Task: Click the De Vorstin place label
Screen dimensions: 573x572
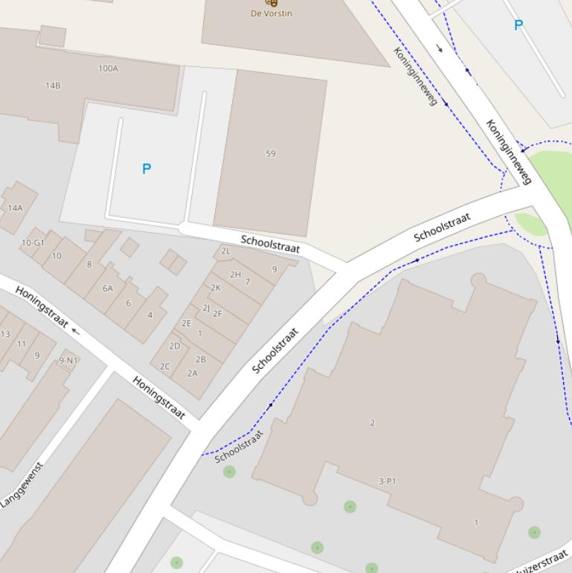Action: (271, 13)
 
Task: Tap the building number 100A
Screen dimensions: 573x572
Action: (108, 68)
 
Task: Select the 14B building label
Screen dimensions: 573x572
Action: (53, 86)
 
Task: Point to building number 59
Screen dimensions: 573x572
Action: (270, 153)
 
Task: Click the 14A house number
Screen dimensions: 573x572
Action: (15, 208)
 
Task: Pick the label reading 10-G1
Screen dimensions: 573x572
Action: (33, 243)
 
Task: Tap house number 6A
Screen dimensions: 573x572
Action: (108, 288)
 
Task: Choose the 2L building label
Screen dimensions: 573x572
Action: (225, 252)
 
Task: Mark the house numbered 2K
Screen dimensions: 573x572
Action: (216, 287)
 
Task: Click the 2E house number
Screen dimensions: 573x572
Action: (186, 323)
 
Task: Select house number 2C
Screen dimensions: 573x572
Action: (165, 366)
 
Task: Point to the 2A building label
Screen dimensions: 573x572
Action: (193, 374)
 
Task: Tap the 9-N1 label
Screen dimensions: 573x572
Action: (68, 360)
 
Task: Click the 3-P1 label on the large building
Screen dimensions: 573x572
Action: (387, 481)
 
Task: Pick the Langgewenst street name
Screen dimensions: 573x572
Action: (22, 485)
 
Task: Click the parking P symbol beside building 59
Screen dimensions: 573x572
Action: (147, 169)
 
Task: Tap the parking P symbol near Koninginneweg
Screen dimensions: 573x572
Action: (518, 25)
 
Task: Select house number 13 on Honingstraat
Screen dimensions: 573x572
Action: (5, 333)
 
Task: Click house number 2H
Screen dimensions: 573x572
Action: (235, 275)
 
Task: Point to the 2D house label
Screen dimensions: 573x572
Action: (175, 345)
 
